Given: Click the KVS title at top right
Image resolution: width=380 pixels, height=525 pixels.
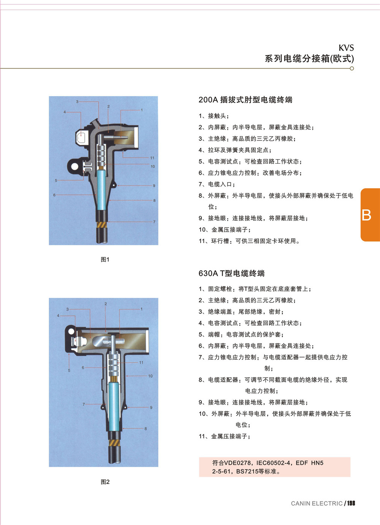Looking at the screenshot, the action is point(346,48).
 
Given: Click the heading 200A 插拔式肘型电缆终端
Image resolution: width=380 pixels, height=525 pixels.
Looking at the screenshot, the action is point(245,100).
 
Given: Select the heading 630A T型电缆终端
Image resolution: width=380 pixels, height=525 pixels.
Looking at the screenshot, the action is point(232,273).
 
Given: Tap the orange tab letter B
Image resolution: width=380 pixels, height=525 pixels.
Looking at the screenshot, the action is point(366,215).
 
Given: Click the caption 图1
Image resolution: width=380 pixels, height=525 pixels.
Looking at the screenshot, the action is point(105,259).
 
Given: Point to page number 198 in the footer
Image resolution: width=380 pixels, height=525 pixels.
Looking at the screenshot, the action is point(351,503).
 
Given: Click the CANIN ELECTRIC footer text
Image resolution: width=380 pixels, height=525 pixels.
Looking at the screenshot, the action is point(317,503).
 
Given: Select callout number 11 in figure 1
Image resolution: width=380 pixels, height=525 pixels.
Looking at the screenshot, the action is point(152,158).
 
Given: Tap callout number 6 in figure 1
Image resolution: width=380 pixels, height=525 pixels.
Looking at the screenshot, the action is point(54,195).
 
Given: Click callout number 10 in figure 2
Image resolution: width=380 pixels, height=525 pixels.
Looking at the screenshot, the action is point(150,376).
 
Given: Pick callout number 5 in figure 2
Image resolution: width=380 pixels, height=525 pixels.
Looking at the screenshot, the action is point(69,370).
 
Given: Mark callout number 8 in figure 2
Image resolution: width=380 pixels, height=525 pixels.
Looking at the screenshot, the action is point(146,429).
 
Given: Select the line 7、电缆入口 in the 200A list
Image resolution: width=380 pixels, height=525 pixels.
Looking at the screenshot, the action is point(217,184).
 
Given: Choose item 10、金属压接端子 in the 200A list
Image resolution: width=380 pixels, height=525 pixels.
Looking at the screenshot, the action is point(225,230).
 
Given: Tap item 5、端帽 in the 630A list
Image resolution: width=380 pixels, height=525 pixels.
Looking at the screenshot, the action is point(241,334).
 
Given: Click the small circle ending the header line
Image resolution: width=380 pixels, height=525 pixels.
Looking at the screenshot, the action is point(351,68).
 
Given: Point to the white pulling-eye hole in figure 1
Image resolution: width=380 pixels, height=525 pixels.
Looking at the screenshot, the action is point(74,166).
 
